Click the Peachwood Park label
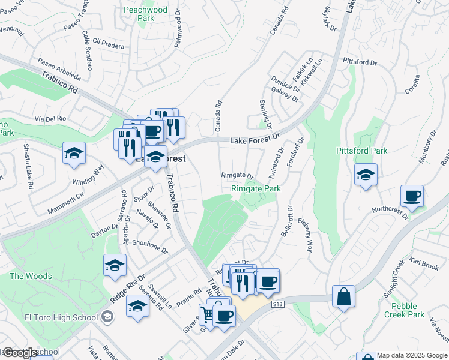pos(145,14)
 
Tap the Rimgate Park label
pos(256,188)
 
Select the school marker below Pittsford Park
pos(366,175)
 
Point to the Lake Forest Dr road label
pos(256,140)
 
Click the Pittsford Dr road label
pos(359,62)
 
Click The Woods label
pos(31,276)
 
